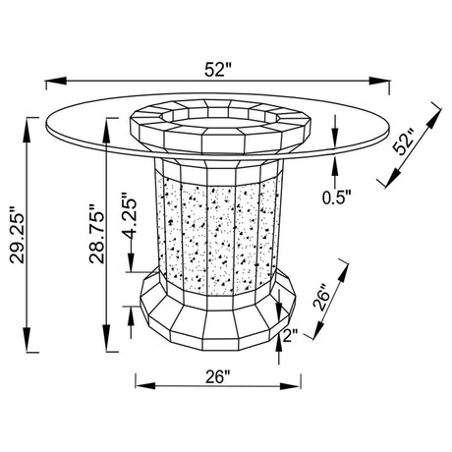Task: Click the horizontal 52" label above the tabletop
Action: tap(218, 70)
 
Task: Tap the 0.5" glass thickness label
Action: tap(336, 198)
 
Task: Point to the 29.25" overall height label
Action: tap(17, 235)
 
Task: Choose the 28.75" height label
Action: tap(96, 234)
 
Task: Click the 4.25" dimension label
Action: tap(129, 214)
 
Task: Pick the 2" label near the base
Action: tap(290, 335)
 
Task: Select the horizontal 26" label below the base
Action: tap(218, 376)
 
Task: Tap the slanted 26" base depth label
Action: tap(322, 299)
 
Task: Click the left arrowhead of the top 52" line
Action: tap(56, 81)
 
